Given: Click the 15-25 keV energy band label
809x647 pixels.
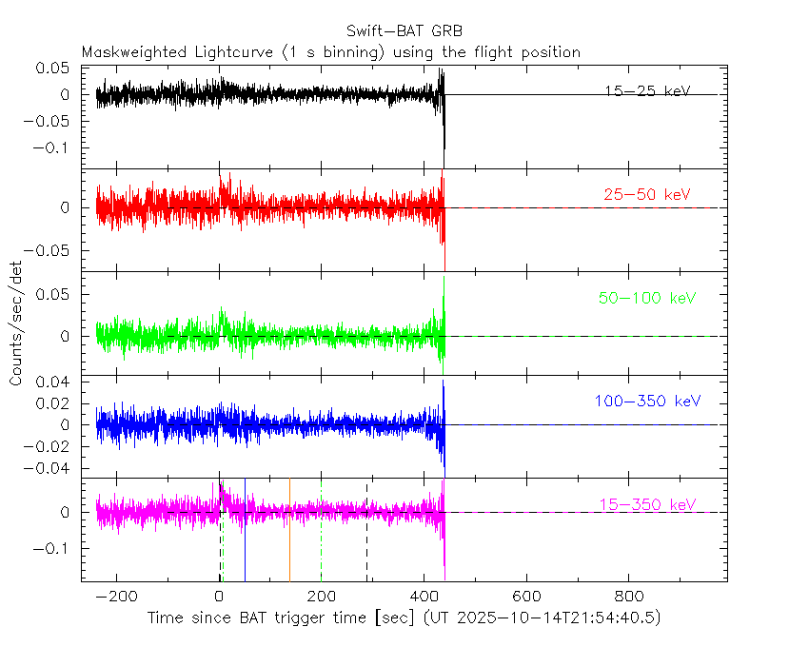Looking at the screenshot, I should (x=647, y=91).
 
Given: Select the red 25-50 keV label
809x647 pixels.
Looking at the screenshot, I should (x=647, y=194).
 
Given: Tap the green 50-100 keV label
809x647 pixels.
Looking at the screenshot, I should (x=648, y=298).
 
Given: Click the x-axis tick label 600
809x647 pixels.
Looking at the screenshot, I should (x=525, y=598).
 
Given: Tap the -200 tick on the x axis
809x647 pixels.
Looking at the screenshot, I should (x=117, y=598).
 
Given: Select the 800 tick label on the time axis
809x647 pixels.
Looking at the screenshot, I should (x=627, y=598).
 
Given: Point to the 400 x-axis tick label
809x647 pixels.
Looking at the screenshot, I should (x=424, y=598).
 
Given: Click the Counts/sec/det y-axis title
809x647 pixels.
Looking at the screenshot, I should (x=16, y=324).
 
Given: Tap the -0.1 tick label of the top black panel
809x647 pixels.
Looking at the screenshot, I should (x=52, y=147).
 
